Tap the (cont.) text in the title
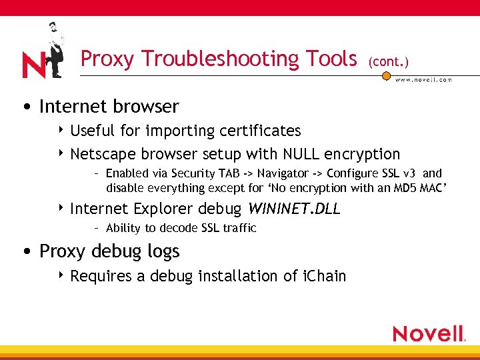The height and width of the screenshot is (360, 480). (388, 61)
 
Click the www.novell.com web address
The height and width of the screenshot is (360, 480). (423, 79)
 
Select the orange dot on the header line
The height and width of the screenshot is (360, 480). (386, 76)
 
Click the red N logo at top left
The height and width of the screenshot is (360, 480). (33, 65)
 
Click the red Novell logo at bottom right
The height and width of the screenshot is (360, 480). (429, 333)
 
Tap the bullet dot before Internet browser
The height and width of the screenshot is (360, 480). (25, 107)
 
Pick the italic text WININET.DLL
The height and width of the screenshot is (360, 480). (293, 209)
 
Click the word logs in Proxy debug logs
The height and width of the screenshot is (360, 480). (164, 251)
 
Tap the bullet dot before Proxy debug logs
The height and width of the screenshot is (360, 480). (25, 252)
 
